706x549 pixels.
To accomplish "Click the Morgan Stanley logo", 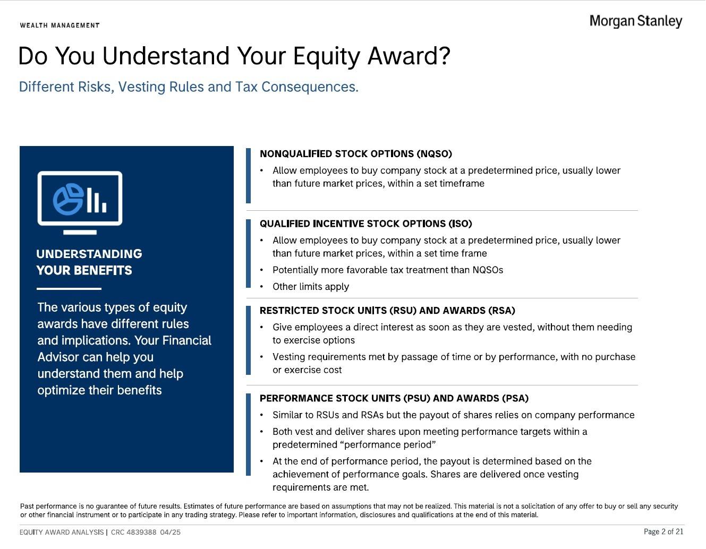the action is click(x=635, y=21).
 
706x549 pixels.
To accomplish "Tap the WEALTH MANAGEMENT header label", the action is click(x=60, y=25).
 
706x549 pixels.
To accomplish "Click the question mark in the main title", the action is click(x=444, y=56).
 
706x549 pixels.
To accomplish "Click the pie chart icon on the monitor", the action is click(x=68, y=199).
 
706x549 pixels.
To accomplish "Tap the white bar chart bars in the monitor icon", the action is click(x=97, y=200).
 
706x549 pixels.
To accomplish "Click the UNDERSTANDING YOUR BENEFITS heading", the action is click(x=89, y=262).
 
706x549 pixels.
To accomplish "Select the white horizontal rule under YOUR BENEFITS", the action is click(x=69, y=289).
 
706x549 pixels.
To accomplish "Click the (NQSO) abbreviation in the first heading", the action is click(x=435, y=154).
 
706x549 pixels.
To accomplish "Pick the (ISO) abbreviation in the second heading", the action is click(x=460, y=224).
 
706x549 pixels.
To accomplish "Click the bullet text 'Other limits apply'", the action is click(x=311, y=287).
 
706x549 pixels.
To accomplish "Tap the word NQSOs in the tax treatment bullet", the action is click(x=488, y=270).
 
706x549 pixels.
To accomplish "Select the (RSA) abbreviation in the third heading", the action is click(x=501, y=311).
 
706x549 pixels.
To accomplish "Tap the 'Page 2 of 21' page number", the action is click(x=664, y=531).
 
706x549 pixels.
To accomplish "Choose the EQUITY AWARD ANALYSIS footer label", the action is click(x=62, y=532).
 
